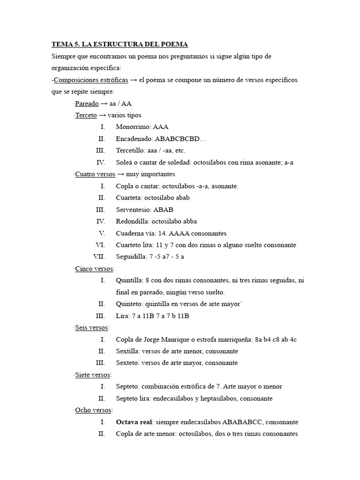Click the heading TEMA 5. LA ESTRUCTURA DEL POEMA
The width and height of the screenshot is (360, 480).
pos(120,45)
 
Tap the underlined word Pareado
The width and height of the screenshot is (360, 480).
pos(87,104)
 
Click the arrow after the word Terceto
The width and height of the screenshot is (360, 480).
pos(102,115)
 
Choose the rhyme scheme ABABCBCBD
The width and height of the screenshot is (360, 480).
pos(180,139)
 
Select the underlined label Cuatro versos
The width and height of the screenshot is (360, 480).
pos(95,174)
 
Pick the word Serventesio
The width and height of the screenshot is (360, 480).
pos(133,210)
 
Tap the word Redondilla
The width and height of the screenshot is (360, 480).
pos(133,221)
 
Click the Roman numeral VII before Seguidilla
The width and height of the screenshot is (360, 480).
pos(99,257)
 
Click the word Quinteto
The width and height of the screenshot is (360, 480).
pos(129,304)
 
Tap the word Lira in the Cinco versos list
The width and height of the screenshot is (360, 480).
pos(122,316)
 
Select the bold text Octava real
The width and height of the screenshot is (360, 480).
pos(135,422)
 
